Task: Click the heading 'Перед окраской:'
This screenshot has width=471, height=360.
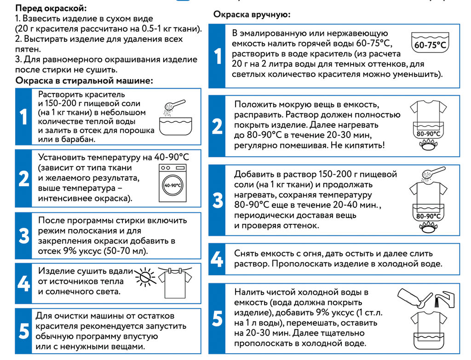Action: pos(50,8)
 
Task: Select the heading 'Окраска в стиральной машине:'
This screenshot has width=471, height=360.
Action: pos(84,81)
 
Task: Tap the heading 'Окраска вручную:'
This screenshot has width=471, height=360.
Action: pos(252,15)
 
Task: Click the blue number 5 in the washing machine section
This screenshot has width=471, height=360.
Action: pos(24,331)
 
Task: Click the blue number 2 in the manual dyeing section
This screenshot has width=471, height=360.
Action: pos(217,126)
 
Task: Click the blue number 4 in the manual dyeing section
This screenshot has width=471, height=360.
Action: pos(217,259)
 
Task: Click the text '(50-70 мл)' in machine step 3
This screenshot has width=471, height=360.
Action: pos(125,251)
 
